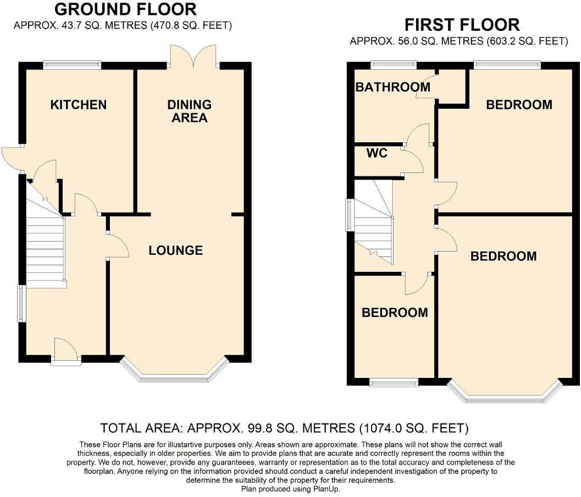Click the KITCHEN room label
tap(79, 105)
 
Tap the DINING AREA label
tap(189, 111)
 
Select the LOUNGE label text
tap(176, 250)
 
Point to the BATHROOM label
tap(393, 87)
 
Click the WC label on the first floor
tap(377, 153)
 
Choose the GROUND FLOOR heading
tap(126, 9)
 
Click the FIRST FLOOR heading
tap(462, 25)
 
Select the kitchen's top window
tap(72, 65)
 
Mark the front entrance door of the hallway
tap(66, 351)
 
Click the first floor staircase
tap(374, 222)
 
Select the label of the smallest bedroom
tap(395, 312)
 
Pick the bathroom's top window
tap(394, 65)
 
